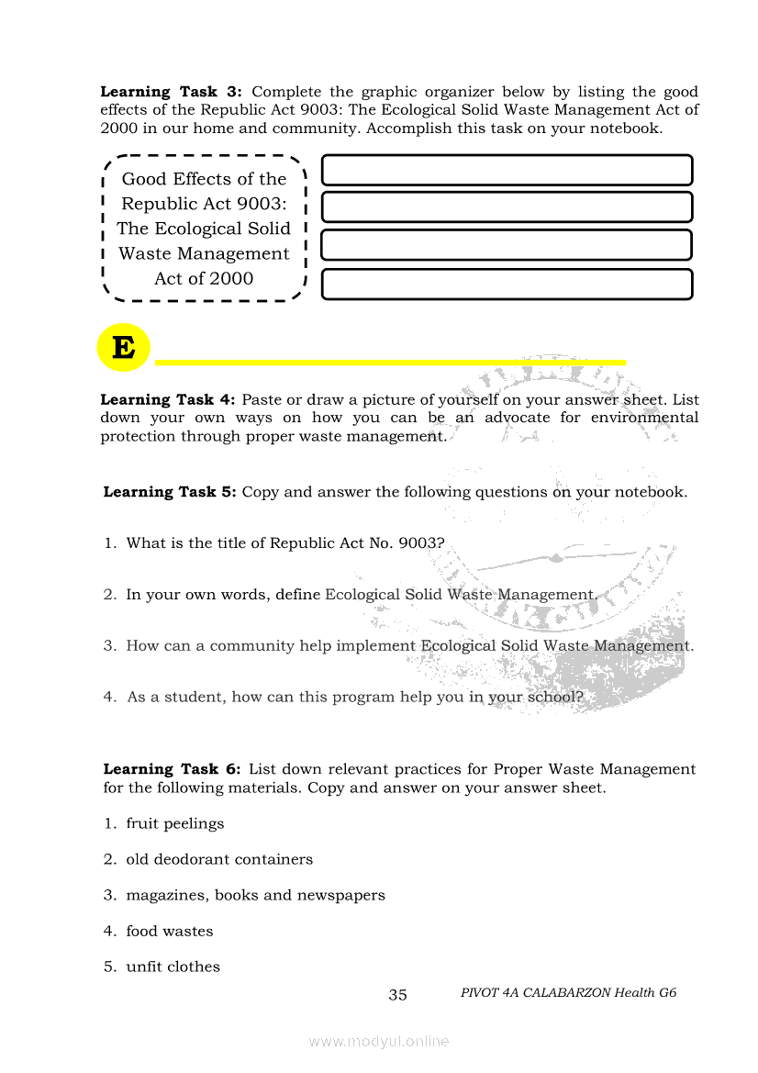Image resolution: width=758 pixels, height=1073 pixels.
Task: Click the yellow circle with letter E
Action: pyautogui.click(x=123, y=348)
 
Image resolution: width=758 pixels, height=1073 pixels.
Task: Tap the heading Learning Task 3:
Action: pyautogui.click(x=171, y=92)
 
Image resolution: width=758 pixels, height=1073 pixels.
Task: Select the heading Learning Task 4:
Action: pyautogui.click(x=168, y=399)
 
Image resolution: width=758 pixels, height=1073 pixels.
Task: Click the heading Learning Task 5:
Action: pyautogui.click(x=170, y=492)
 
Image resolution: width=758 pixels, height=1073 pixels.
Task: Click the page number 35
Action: pyautogui.click(x=397, y=994)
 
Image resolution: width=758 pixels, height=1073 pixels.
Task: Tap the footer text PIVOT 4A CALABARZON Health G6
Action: pyautogui.click(x=568, y=992)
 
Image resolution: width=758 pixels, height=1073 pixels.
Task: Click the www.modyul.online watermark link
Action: pyautogui.click(x=379, y=1041)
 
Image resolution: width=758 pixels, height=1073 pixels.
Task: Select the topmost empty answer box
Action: pyautogui.click(x=507, y=170)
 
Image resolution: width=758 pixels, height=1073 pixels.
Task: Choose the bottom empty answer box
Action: pyautogui.click(x=507, y=285)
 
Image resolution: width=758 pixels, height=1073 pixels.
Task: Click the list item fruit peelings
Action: pyautogui.click(x=174, y=823)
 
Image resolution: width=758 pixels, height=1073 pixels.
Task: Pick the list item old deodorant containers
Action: pyautogui.click(x=219, y=859)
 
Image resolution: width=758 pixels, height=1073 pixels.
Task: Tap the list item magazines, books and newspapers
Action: pyautogui.click(x=255, y=895)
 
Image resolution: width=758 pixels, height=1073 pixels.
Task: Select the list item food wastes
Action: pyautogui.click(x=169, y=931)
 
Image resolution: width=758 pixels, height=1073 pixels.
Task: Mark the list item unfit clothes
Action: pyautogui.click(x=173, y=967)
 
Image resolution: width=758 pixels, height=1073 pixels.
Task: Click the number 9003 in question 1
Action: pyautogui.click(x=421, y=543)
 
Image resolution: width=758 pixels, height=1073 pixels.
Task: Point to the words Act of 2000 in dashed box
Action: pyautogui.click(x=204, y=278)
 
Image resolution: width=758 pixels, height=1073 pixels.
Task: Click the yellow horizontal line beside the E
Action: pyautogui.click(x=390, y=363)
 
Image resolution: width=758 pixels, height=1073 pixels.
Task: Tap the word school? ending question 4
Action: pyautogui.click(x=553, y=698)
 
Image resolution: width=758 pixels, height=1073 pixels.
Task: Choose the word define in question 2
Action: pyautogui.click(x=297, y=595)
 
